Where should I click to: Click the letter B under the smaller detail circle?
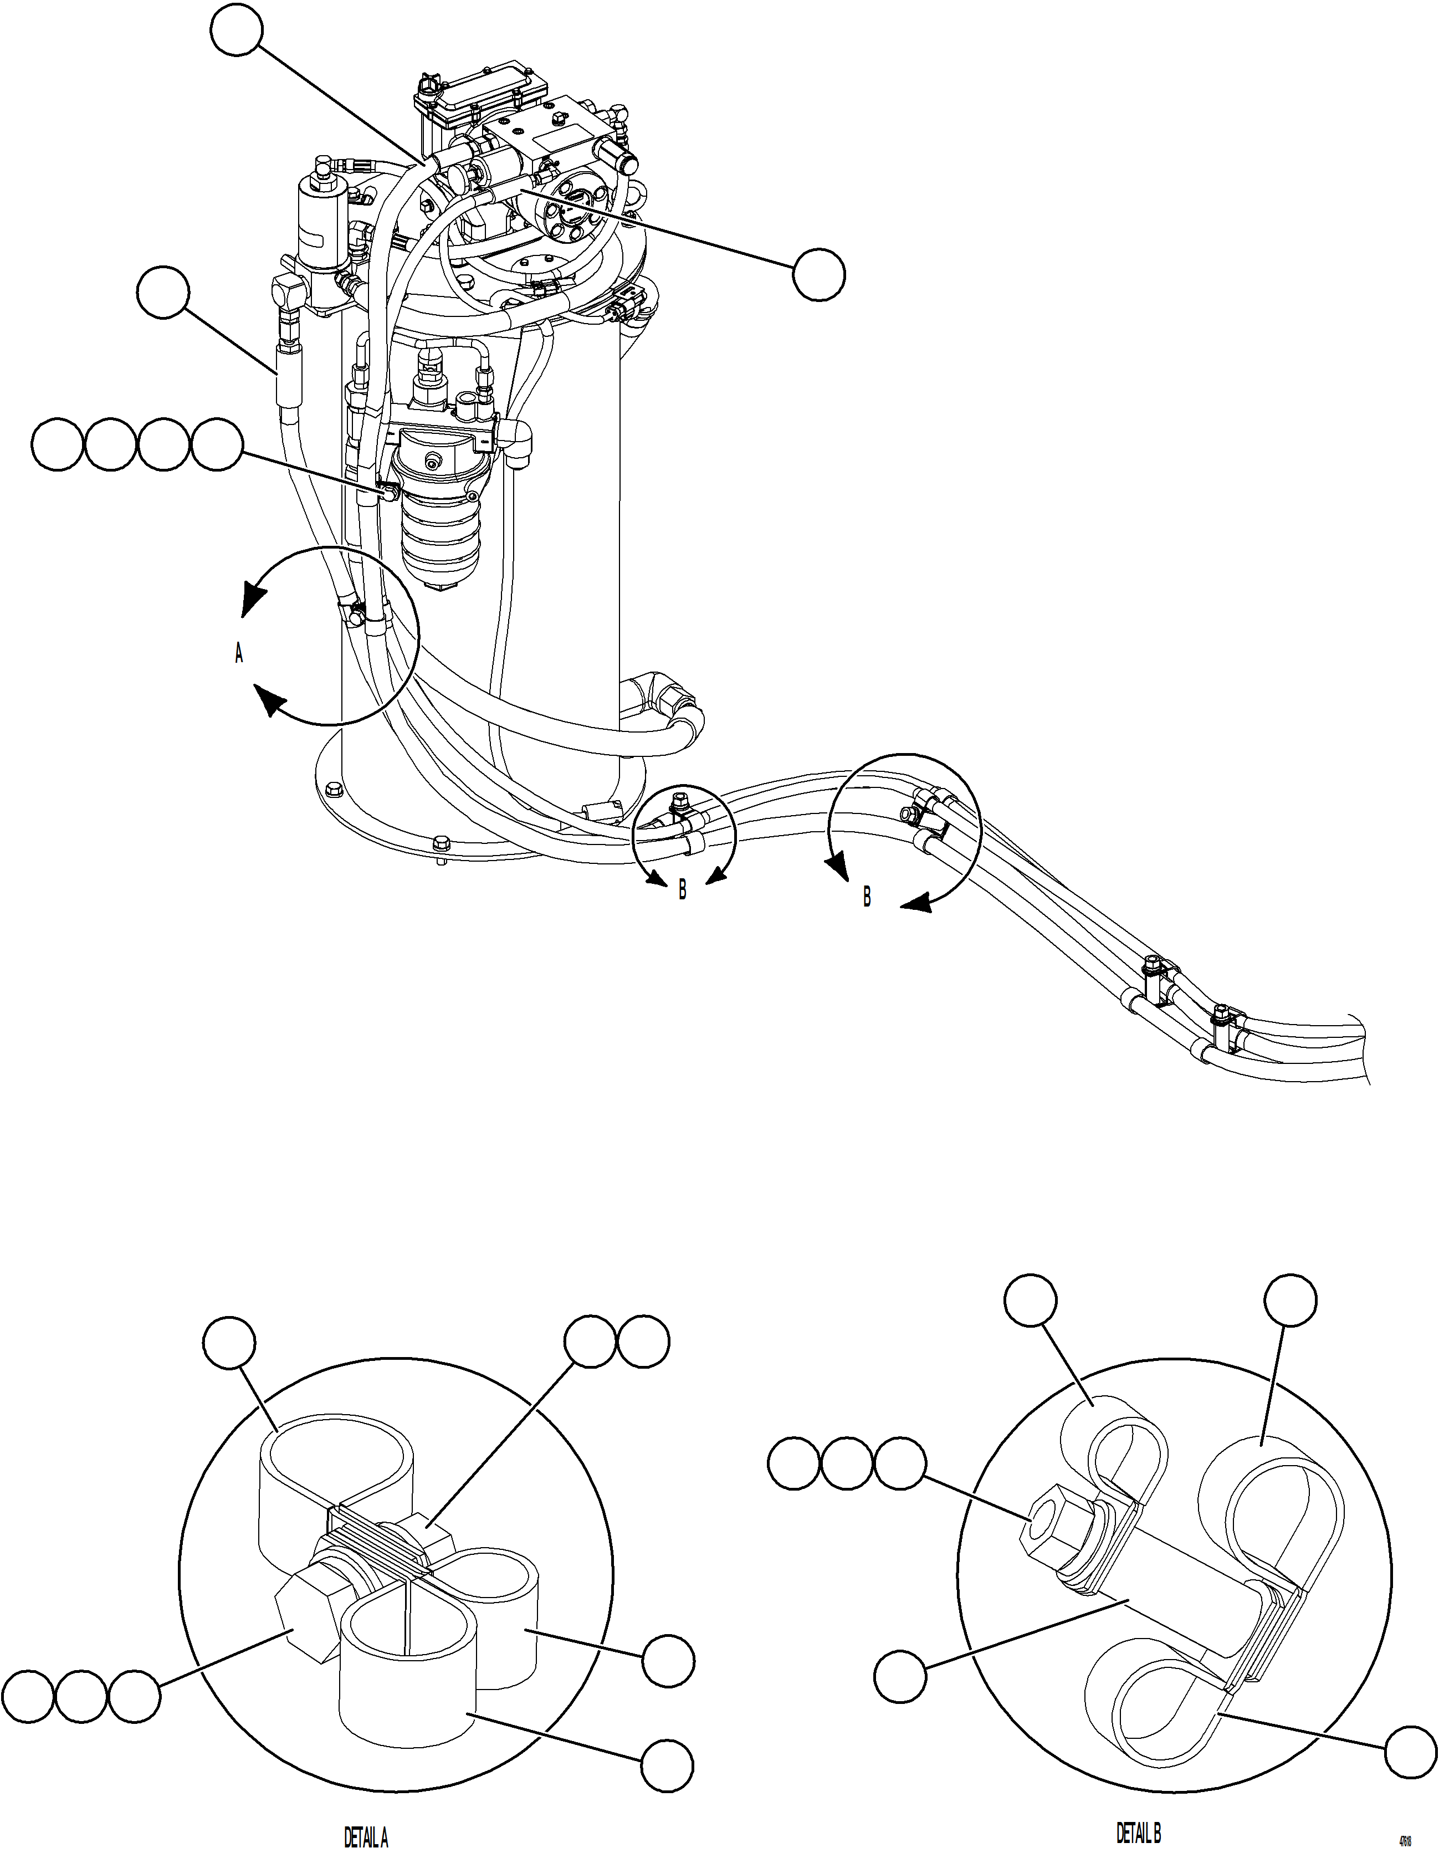coord(682,892)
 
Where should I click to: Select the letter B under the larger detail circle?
coord(866,897)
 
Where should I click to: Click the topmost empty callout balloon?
coord(237,29)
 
